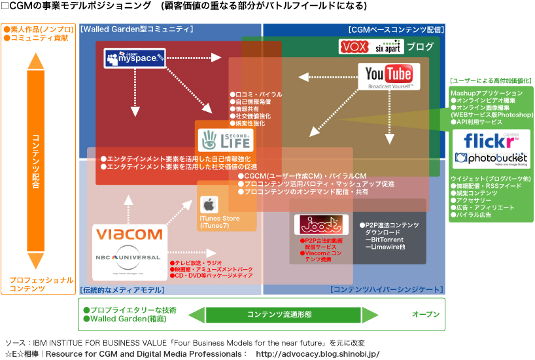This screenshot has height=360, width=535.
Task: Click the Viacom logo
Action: coord(128,234)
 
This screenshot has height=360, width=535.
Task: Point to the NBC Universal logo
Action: coord(128,257)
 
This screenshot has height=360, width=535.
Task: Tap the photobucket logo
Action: coord(492,159)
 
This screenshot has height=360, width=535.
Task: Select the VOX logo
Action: coord(355,47)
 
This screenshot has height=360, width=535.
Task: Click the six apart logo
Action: coord(388,48)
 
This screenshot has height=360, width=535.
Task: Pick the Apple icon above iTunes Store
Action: coord(209,204)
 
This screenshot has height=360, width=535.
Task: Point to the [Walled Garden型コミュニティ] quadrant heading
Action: coord(137,29)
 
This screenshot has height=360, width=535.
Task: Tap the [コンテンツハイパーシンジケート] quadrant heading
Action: coord(387,289)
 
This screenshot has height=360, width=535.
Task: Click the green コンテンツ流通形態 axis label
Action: coord(279,314)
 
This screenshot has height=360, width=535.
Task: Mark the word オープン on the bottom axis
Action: coord(426,314)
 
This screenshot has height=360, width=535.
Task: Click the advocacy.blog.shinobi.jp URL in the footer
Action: coord(318,353)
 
